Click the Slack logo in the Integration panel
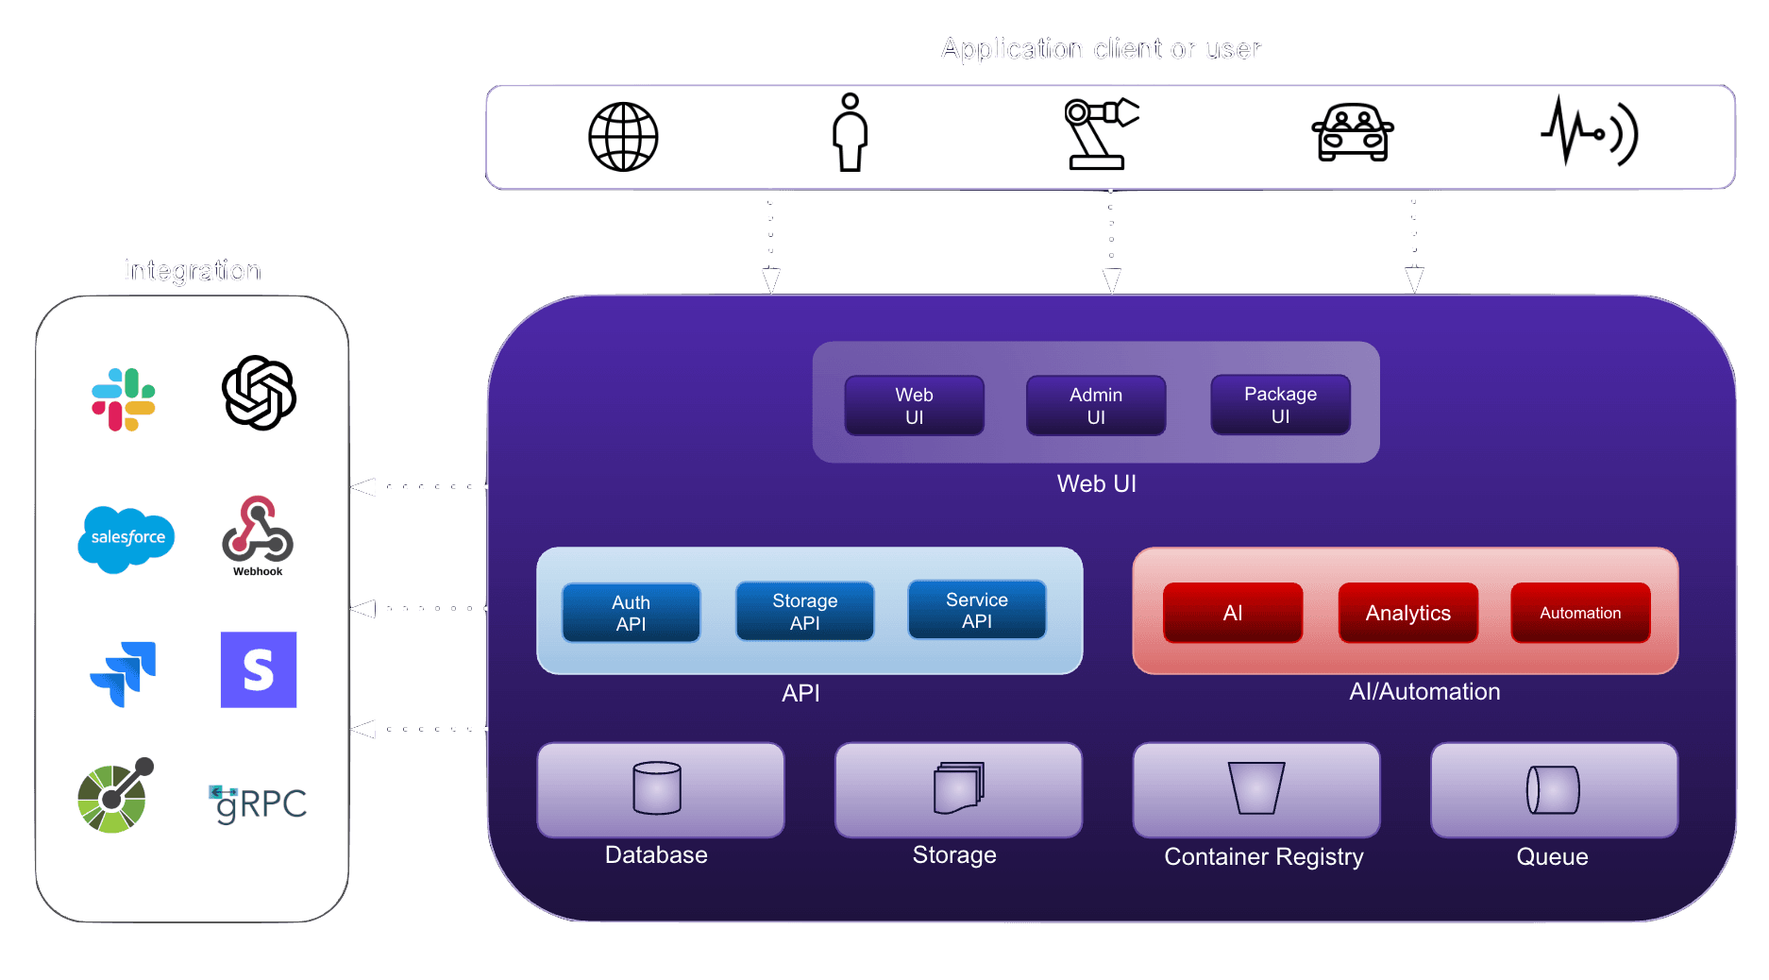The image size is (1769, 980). click(124, 399)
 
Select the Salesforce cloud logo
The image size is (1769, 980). click(126, 538)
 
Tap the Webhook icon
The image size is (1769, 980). click(258, 533)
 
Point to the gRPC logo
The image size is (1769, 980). click(258, 803)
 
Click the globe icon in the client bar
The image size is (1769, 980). click(623, 137)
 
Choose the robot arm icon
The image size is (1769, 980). click(1100, 134)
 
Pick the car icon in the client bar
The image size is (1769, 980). click(1353, 133)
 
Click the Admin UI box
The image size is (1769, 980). click(1096, 406)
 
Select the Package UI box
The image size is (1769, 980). click(1280, 405)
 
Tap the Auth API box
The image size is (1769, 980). click(631, 613)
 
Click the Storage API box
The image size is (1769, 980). click(804, 612)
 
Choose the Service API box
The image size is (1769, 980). click(976, 611)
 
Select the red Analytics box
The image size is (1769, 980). click(1407, 613)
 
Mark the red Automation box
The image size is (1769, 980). click(1580, 613)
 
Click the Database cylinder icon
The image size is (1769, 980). click(657, 788)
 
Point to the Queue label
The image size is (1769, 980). click(1552, 856)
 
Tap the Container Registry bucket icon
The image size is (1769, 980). click(1255, 788)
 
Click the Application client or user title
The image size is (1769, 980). click(1101, 49)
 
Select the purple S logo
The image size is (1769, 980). click(259, 669)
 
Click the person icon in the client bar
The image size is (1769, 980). click(850, 133)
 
